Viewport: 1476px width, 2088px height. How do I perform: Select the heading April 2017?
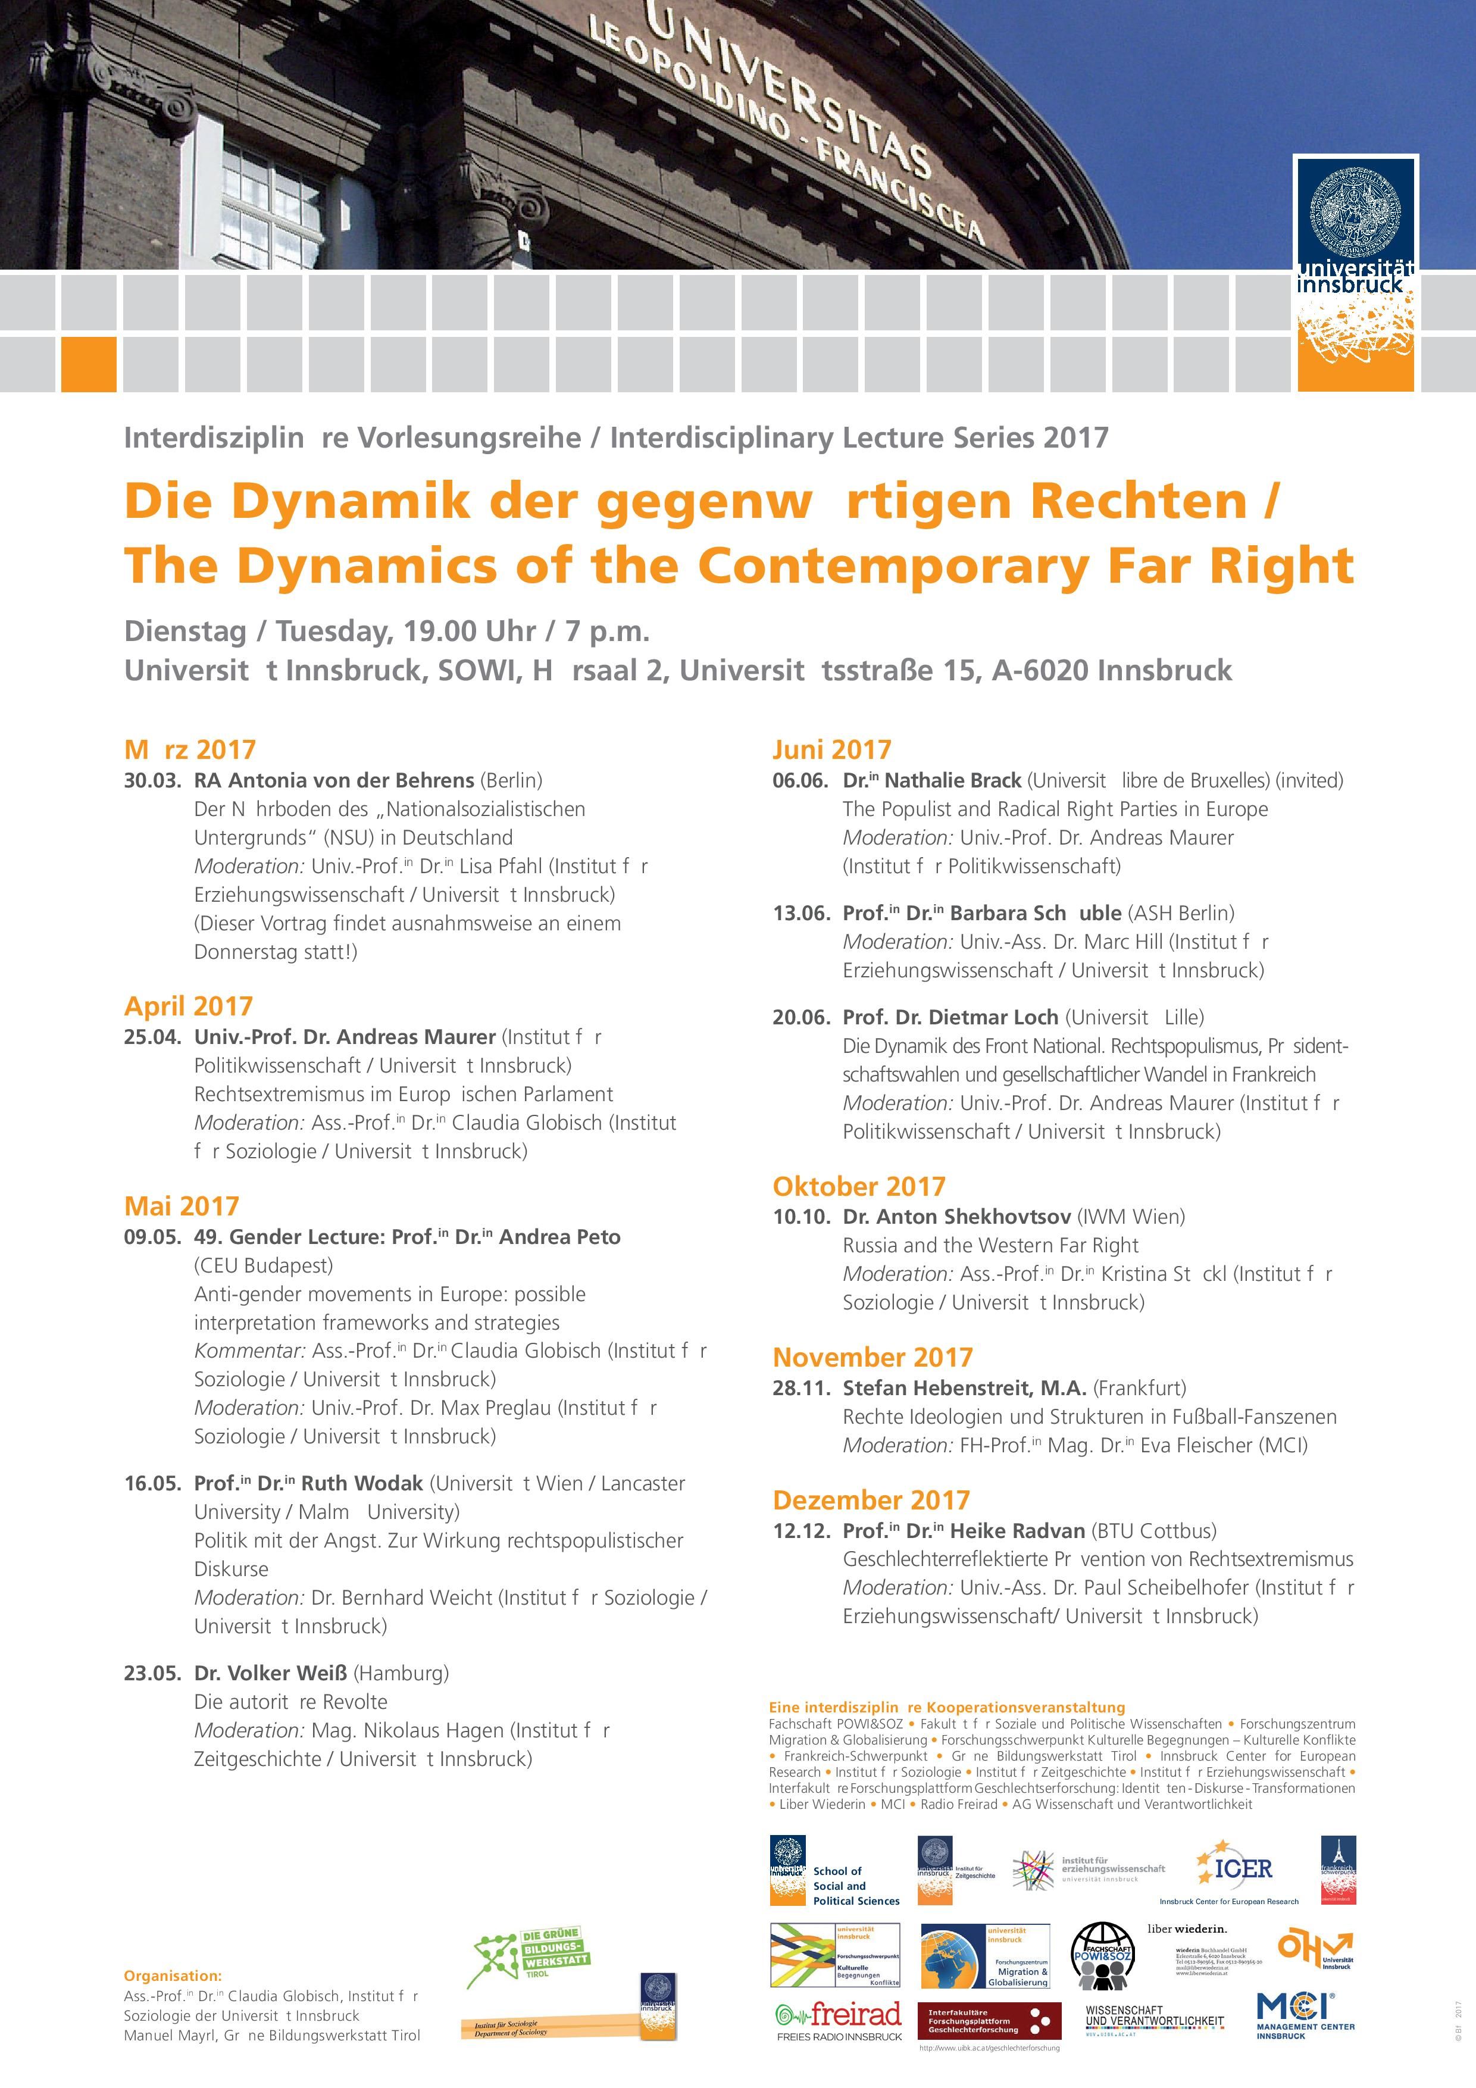188,1006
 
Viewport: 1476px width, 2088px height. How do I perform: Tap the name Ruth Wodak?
362,1483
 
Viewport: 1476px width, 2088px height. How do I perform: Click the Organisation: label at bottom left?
173,1976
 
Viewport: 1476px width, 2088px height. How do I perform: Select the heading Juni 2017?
831,749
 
